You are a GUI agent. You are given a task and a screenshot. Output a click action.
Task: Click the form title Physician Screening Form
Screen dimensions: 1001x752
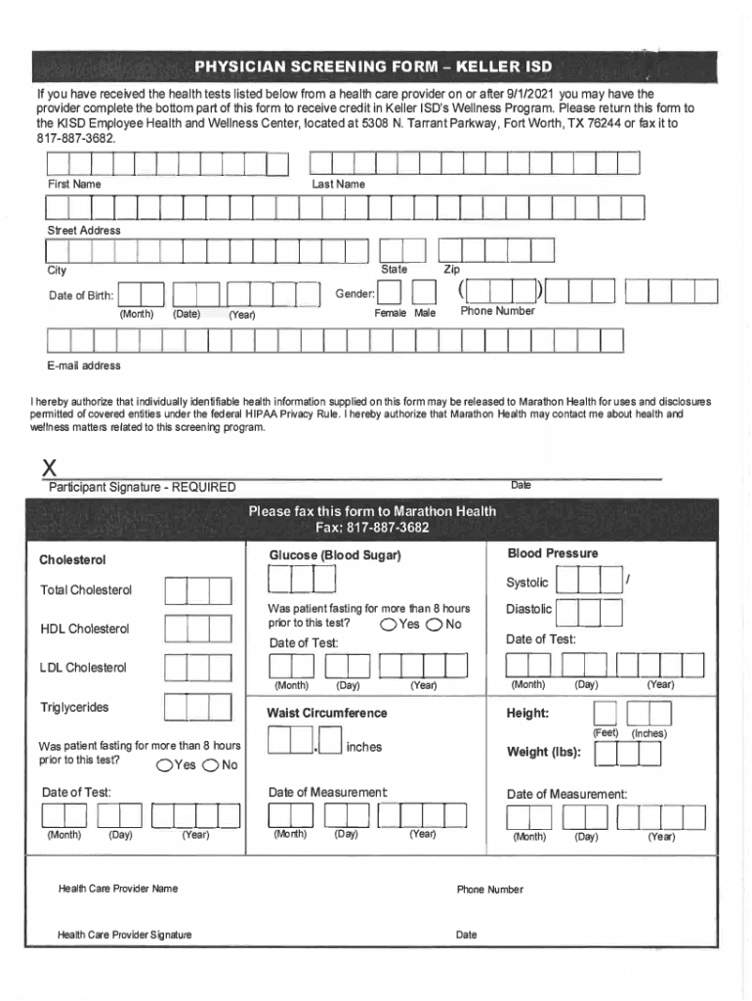click(373, 67)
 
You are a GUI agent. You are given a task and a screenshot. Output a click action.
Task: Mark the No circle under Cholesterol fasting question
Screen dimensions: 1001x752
click(209, 764)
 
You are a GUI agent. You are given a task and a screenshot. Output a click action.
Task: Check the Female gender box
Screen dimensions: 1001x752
click(390, 293)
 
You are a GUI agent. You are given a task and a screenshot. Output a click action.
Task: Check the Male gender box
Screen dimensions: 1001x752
click(423, 293)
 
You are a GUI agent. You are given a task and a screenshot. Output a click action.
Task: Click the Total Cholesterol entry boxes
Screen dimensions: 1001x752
click(198, 590)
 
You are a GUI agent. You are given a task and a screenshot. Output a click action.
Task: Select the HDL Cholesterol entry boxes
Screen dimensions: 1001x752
click(198, 629)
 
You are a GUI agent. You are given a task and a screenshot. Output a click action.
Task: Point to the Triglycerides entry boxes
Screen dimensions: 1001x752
click(198, 707)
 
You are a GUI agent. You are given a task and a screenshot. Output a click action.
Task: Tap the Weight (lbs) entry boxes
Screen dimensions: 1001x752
click(628, 754)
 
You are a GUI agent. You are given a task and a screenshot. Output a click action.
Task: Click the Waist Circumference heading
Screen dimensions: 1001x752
click(327, 713)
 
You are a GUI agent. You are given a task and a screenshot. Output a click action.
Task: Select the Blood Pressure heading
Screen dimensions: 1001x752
click(553, 553)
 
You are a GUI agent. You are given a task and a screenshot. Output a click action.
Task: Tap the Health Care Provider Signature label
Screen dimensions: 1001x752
click(125, 935)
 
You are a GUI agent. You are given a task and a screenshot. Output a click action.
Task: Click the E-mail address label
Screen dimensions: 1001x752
click(84, 366)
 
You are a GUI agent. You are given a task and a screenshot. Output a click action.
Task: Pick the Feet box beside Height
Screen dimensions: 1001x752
click(606, 714)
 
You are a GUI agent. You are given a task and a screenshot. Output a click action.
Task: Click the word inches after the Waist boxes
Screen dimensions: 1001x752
click(364, 747)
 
